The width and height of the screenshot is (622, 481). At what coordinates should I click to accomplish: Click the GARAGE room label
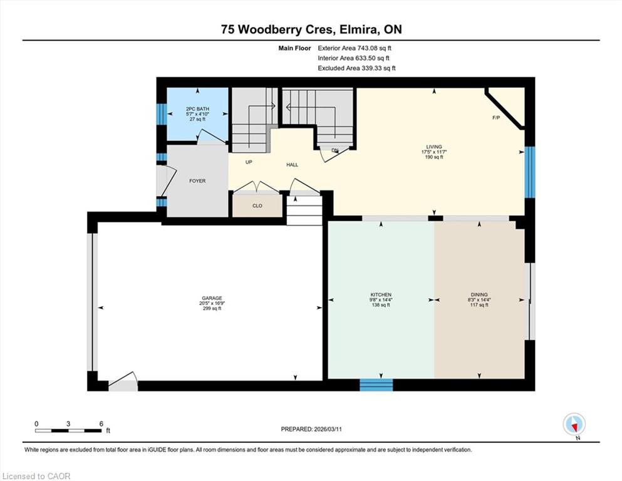(212, 298)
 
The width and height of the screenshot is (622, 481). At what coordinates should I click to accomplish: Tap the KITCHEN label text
(381, 294)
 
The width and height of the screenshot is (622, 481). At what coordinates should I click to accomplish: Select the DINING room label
(479, 294)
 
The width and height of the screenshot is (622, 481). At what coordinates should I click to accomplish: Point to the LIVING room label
(434, 147)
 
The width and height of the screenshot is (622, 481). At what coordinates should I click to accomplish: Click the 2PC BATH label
(197, 108)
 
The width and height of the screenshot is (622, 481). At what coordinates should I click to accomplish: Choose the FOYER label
(197, 181)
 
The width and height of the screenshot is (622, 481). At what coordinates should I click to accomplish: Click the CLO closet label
(257, 206)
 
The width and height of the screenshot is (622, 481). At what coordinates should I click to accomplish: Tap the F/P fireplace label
(496, 118)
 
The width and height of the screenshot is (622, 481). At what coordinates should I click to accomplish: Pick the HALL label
(293, 165)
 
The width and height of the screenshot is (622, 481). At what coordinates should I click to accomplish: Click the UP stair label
(249, 162)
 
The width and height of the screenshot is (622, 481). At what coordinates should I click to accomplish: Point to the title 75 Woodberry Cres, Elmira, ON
(311, 29)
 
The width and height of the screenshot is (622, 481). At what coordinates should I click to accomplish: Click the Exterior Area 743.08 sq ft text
(355, 48)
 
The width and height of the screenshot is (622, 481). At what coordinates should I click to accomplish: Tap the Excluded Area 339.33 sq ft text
(356, 68)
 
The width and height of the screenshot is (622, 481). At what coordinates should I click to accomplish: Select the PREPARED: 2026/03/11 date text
(311, 429)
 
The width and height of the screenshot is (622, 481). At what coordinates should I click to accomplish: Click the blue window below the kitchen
(376, 385)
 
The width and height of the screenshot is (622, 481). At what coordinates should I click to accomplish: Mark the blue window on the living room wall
(530, 172)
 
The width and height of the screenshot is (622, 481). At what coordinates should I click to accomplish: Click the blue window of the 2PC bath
(162, 114)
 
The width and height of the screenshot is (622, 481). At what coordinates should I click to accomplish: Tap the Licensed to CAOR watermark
(36, 476)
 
